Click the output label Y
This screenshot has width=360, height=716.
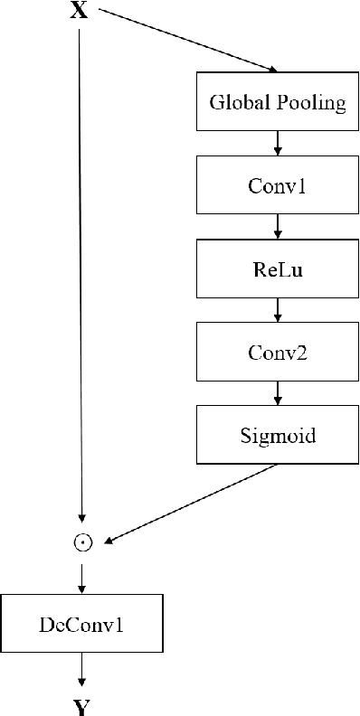(82, 706)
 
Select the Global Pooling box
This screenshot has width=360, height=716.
(278, 102)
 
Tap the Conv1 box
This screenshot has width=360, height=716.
(278, 185)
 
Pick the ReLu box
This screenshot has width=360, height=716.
(278, 269)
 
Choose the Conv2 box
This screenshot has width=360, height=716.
(278, 353)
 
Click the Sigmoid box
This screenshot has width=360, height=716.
(278, 436)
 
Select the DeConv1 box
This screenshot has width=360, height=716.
(82, 624)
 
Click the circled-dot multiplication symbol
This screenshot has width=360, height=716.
(82, 542)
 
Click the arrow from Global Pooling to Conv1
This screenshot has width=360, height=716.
(278, 144)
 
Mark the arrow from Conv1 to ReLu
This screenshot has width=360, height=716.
(278, 227)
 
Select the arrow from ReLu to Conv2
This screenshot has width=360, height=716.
(278, 311)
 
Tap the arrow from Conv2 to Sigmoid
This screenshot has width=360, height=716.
(278, 394)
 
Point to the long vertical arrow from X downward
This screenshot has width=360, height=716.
(81, 271)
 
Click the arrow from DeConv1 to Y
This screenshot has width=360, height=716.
(82, 670)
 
